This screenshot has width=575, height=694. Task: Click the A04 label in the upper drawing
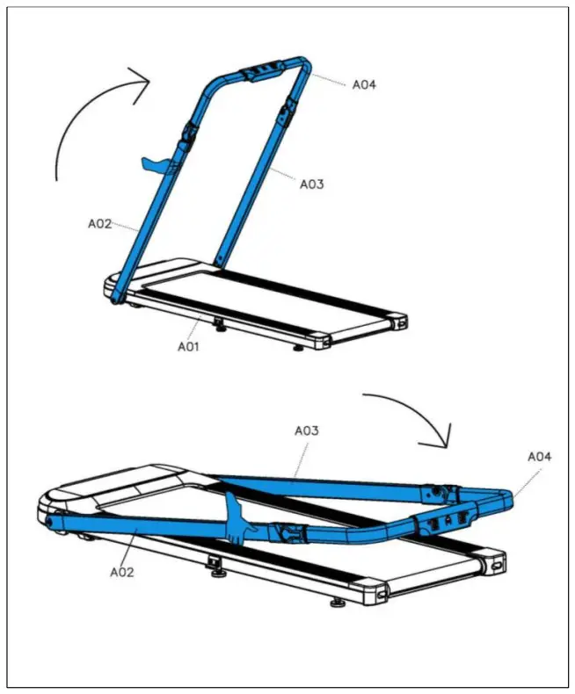(365, 85)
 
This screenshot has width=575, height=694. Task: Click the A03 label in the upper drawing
(312, 184)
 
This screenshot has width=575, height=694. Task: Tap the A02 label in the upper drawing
(99, 224)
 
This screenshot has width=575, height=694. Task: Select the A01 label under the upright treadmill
(189, 346)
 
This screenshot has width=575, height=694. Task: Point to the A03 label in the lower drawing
(306, 431)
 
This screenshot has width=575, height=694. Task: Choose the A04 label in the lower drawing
(539, 457)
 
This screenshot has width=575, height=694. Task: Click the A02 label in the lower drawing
(122, 571)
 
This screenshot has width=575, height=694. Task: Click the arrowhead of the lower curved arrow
(443, 434)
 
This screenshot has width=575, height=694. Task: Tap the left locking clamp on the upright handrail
(187, 137)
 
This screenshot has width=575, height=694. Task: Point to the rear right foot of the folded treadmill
(337, 604)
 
